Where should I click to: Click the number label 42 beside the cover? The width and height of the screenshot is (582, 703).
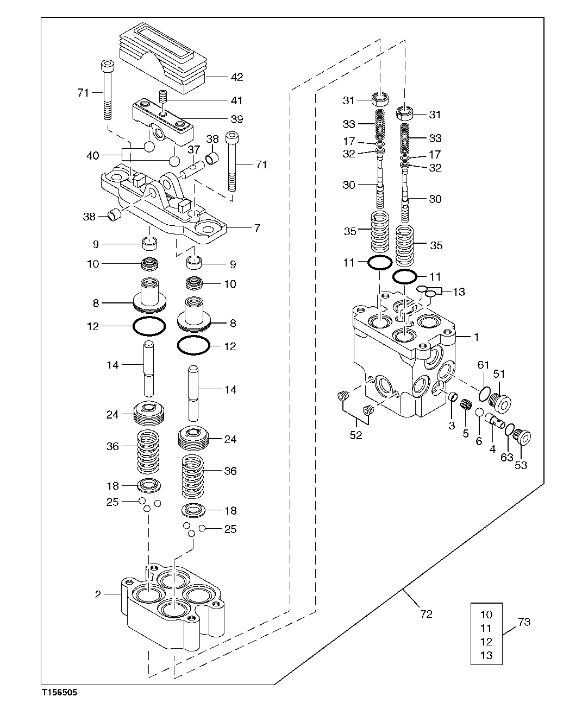pos(236,77)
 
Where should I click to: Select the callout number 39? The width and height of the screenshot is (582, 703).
pos(236,119)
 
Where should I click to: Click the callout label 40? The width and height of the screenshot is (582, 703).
pos(93,156)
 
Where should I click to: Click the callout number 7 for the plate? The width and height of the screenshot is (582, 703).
pos(257,228)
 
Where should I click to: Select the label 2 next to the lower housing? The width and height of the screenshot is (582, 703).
pos(98,594)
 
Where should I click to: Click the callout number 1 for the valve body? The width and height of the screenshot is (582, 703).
pos(476,337)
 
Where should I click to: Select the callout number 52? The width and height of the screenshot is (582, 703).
pos(355,435)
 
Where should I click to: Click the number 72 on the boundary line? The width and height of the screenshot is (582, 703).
pos(427,614)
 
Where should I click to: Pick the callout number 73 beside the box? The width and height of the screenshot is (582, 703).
pos(524,622)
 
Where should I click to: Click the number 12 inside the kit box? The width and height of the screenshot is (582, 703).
pos(486,642)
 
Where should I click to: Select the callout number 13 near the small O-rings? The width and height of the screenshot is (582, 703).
pos(459,292)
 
